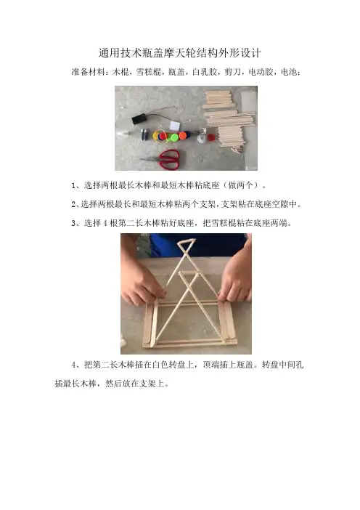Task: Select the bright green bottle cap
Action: click(x=174, y=137)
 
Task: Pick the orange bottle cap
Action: click(x=183, y=135)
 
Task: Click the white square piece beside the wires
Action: click(x=175, y=126)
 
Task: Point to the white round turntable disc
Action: click(x=202, y=139)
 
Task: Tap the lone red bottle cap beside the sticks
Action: click(x=211, y=137)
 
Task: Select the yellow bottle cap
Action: click(x=157, y=135)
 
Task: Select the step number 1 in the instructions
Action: click(x=73, y=186)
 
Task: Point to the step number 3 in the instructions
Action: click(x=73, y=224)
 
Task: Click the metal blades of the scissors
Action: click(x=150, y=159)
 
